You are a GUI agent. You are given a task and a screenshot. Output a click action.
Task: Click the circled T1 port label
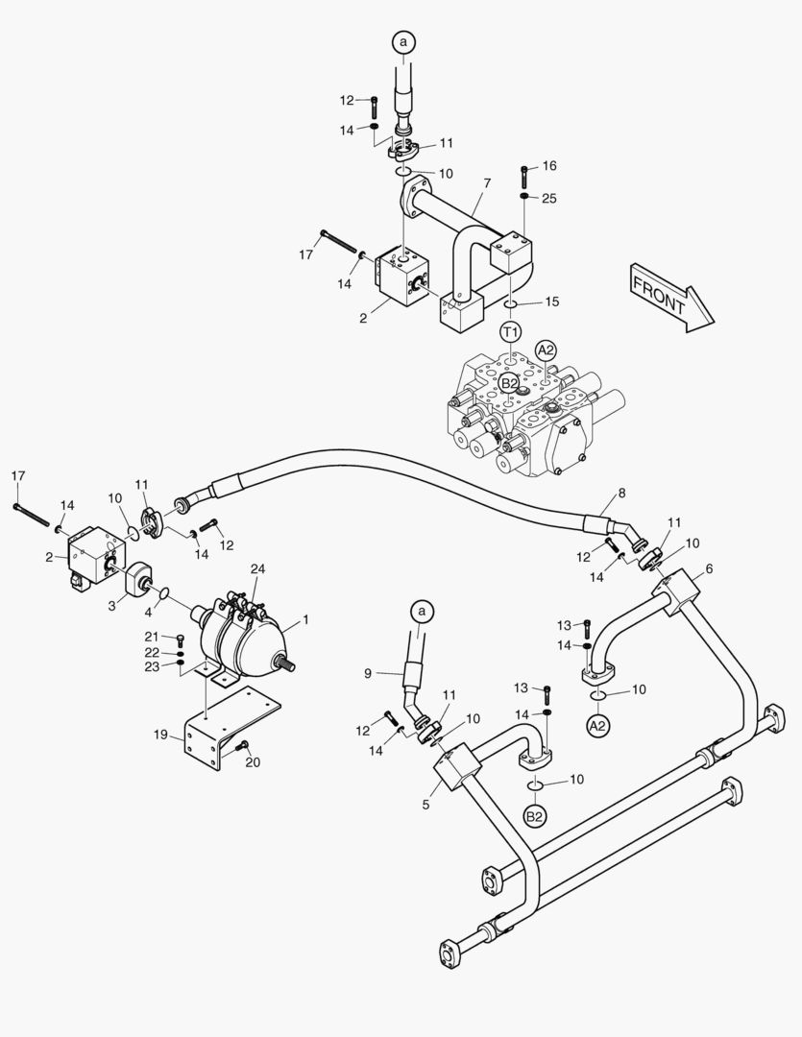click(511, 331)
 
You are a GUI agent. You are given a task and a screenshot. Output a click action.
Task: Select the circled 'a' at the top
click(404, 41)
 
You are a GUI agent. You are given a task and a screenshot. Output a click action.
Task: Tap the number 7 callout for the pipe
click(487, 182)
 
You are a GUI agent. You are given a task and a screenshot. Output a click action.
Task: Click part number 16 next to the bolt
click(549, 166)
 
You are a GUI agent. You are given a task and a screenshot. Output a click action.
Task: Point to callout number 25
click(549, 198)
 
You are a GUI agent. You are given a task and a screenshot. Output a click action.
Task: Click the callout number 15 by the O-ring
click(551, 302)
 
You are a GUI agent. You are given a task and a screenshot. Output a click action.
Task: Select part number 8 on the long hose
click(620, 493)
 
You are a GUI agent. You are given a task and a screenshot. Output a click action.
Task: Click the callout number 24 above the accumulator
click(256, 569)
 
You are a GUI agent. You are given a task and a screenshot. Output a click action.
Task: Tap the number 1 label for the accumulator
click(306, 621)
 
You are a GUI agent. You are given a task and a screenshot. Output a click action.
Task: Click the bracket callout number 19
click(161, 735)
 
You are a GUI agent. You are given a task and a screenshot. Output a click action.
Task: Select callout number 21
click(152, 637)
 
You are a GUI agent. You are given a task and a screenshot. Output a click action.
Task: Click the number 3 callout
click(112, 605)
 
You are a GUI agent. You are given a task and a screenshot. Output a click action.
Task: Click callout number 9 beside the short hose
click(367, 673)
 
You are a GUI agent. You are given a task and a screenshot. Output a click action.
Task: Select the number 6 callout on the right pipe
click(709, 568)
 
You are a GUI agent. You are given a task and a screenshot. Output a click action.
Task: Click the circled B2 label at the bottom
click(534, 816)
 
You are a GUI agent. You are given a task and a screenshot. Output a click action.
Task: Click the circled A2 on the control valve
click(547, 350)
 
